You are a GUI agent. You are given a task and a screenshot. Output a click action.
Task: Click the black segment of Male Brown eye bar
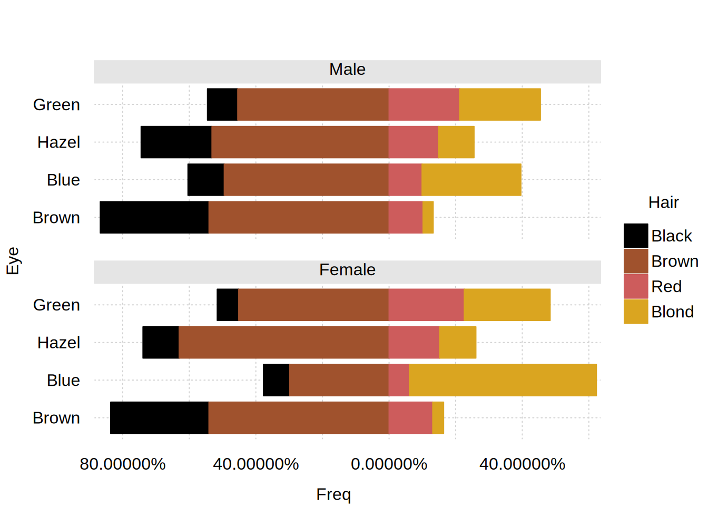coord(154,217)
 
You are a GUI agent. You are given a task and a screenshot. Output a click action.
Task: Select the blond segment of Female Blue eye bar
coord(503,380)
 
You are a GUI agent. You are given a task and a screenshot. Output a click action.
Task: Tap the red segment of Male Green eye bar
coord(424,104)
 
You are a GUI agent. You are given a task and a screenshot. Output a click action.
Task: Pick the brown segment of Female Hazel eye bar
coord(283,343)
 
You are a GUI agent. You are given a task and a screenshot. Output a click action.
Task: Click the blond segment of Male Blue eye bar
coord(471,180)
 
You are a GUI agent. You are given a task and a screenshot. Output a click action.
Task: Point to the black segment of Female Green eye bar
coord(227,305)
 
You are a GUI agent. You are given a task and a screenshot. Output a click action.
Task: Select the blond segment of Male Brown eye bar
coord(428,217)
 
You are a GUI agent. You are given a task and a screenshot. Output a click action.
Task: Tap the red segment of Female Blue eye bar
coord(399,380)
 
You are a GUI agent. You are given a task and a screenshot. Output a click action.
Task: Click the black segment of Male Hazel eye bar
coord(176,142)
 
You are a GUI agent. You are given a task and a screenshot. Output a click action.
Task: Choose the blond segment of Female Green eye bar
coord(507,305)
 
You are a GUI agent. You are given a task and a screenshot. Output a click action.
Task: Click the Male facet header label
coord(347,70)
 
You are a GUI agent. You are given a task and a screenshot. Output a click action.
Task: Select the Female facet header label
coord(347,270)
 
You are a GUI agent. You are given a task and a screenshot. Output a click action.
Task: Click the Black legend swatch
coord(636,236)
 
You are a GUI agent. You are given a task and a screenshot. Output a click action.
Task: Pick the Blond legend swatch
coord(636,312)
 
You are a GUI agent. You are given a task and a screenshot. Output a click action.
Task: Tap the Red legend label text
coord(666,286)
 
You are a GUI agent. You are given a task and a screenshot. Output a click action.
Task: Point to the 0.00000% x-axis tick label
coord(389,464)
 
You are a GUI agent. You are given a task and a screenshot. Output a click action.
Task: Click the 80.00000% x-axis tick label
coord(123,464)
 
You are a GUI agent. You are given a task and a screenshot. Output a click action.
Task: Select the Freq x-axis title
coord(333,494)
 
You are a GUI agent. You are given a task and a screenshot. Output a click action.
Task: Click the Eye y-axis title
coord(13,260)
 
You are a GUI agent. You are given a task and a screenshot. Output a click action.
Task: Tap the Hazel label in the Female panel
coord(58,343)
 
